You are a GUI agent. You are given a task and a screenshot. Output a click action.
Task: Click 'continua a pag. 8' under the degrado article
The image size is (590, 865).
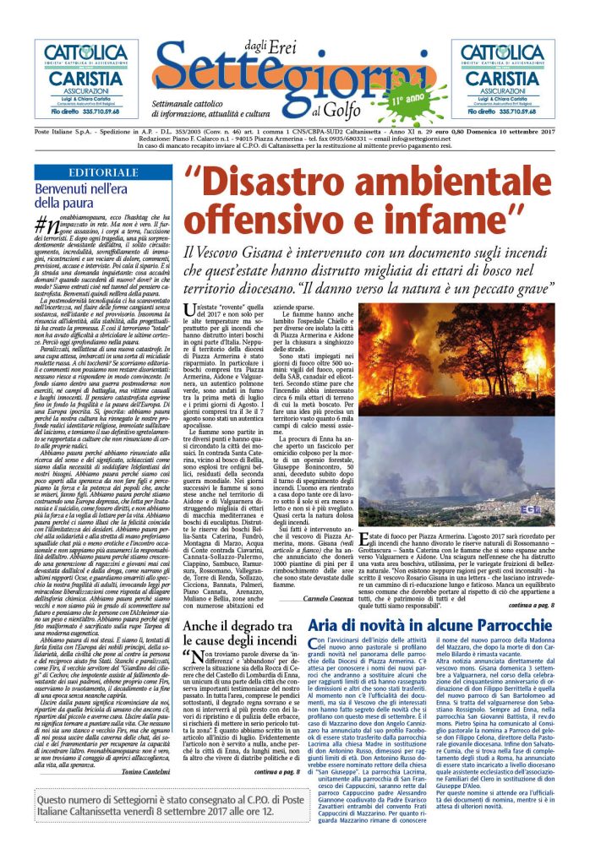276,770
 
